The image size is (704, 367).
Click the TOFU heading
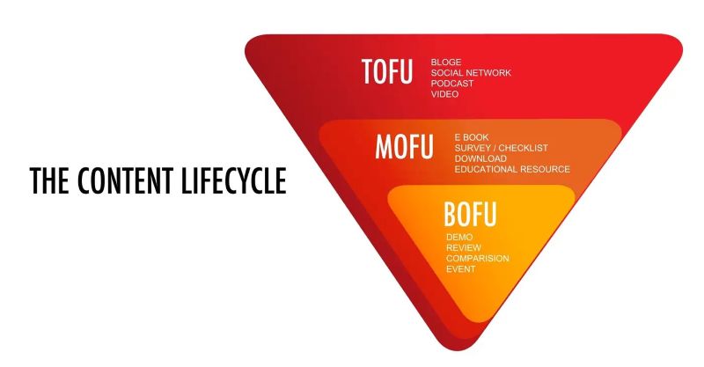pos(386,71)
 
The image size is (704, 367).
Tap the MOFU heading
pos(404,146)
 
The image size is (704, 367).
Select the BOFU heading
pos(470,214)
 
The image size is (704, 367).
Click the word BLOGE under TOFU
pos(446,62)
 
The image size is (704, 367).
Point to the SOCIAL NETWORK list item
pos(471,73)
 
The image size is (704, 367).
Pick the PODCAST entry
pos(452,84)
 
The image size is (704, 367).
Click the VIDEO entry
pos(444,94)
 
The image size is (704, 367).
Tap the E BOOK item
pos(472,137)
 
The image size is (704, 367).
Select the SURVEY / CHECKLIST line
pos(501,148)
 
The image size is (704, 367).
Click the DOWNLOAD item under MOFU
pos(480,158)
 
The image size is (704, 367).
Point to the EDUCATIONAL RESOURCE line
pos(512,169)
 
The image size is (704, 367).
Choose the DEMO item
pos(459,237)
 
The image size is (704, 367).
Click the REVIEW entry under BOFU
pos(464,248)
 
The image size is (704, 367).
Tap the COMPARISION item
pos(478,259)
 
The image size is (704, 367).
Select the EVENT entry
pos(460,269)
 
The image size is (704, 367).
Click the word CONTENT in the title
pos(125,180)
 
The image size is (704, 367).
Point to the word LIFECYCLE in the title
pos(234,180)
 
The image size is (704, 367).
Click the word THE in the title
pos(49,180)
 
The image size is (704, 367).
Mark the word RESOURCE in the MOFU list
pos(545,169)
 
